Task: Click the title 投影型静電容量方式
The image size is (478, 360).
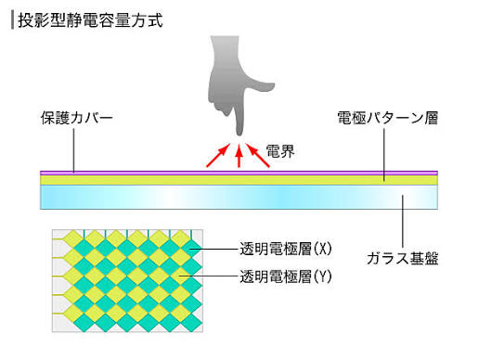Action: click(90, 20)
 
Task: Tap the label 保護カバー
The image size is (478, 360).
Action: click(76, 118)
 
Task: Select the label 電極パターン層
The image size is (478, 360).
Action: click(387, 118)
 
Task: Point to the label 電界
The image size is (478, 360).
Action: click(280, 151)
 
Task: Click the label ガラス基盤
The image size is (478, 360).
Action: click(403, 258)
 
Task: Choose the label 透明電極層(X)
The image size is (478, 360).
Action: click(286, 249)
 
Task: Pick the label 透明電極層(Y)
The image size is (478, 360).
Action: click(286, 276)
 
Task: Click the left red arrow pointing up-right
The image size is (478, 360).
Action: click(218, 155)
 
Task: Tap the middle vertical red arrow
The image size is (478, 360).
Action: click(239, 156)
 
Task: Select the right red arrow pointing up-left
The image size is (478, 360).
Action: click(258, 155)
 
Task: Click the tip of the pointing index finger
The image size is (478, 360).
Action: click(239, 135)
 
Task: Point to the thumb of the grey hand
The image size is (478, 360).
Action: click(260, 87)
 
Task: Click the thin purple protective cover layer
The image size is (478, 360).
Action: click(239, 173)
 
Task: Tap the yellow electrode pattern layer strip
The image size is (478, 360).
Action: click(239, 180)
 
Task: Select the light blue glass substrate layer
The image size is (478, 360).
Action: click(239, 197)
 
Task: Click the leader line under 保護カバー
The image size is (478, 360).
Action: click(73, 150)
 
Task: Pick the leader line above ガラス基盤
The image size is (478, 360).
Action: click(403, 221)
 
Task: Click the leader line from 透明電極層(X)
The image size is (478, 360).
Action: click(214, 249)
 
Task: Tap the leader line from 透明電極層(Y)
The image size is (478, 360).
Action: click(209, 276)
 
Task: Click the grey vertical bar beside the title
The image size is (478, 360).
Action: click(12, 20)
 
